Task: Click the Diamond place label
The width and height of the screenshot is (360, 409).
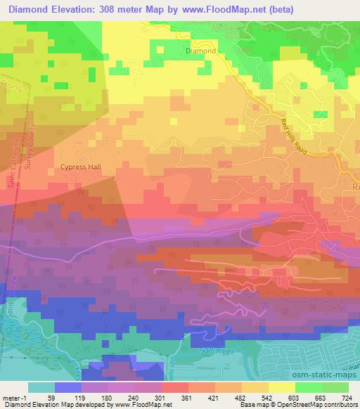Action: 200,51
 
